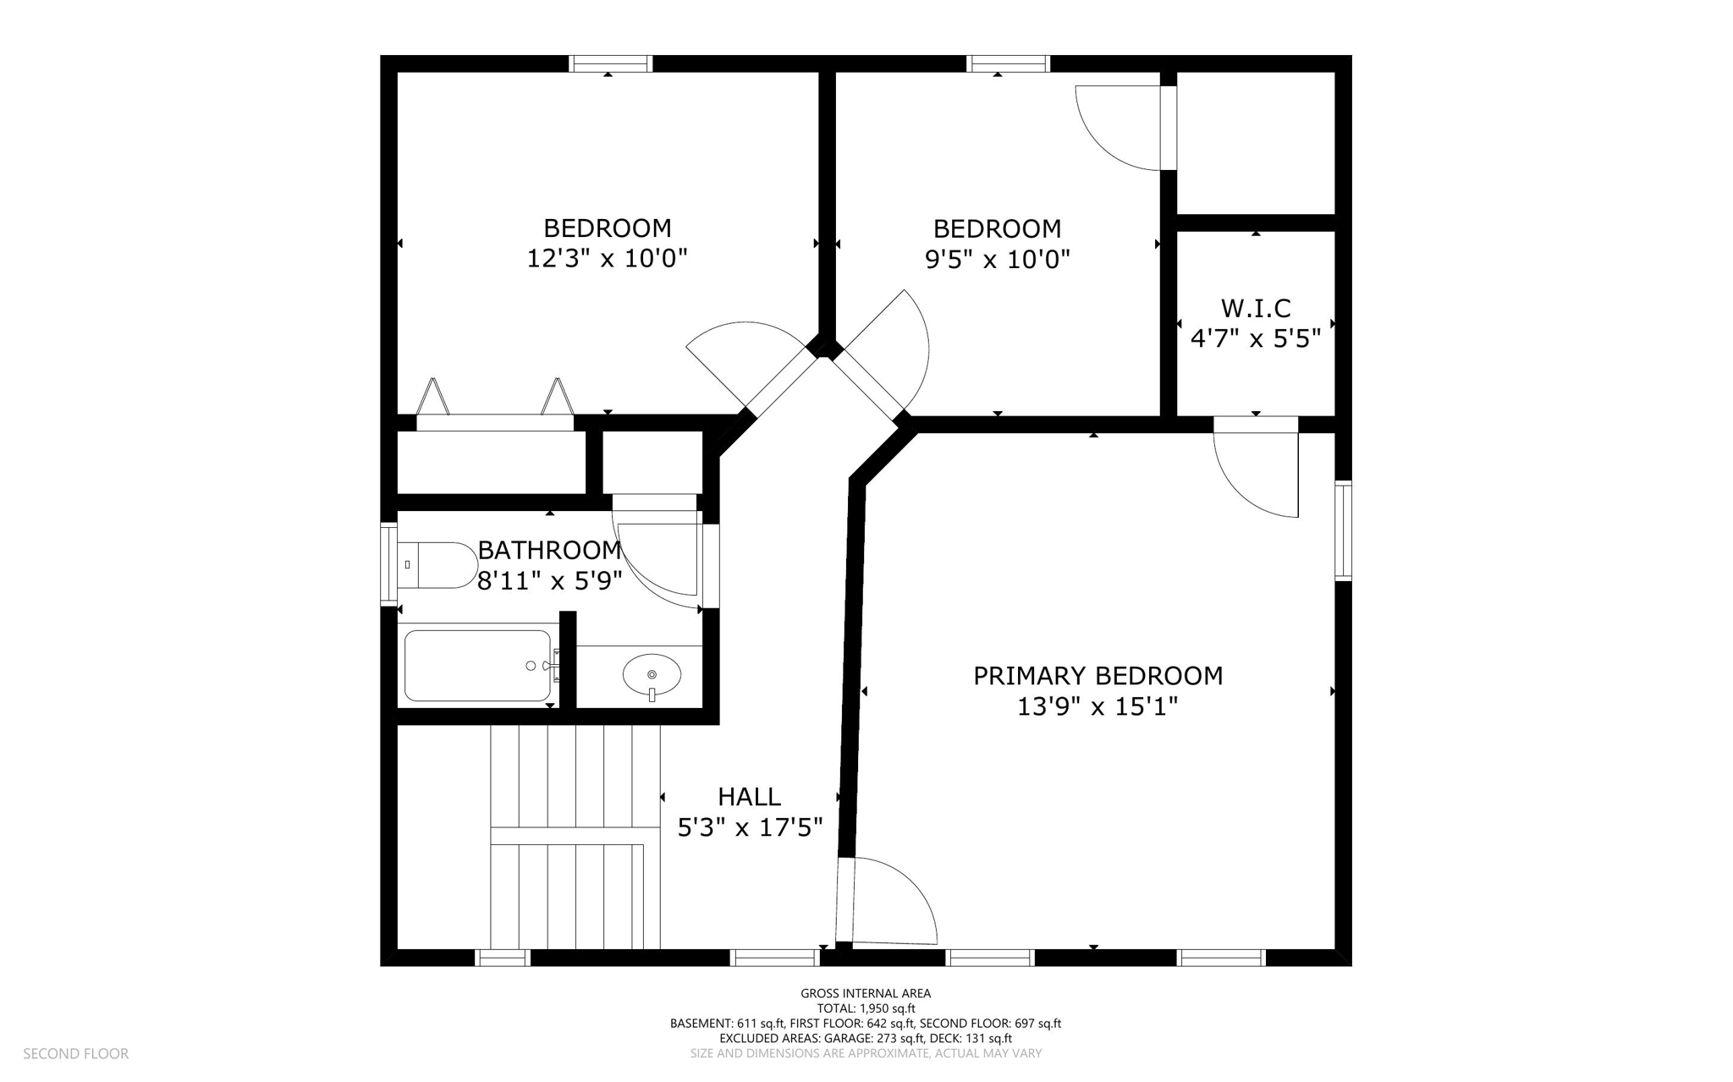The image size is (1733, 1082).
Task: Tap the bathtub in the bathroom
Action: point(478,666)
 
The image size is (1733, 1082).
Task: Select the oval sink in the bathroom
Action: point(652,675)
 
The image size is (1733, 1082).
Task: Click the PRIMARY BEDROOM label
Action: point(1098,676)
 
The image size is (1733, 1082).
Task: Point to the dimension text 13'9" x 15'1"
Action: point(1098,706)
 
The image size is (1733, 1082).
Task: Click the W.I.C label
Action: point(1256,308)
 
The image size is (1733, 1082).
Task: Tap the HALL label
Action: point(749,797)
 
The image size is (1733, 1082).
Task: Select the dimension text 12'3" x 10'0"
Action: point(607,258)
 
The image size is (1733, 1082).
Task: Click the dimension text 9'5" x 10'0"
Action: point(997,259)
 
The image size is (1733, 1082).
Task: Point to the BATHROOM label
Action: point(550,551)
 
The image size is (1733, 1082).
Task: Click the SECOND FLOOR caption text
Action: point(75,1054)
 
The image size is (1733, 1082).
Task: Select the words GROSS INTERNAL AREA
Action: point(866,994)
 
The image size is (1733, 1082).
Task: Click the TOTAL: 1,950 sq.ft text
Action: point(866,1008)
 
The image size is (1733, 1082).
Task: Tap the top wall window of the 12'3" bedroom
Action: point(610,63)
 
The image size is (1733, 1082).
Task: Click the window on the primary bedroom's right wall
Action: point(1343,530)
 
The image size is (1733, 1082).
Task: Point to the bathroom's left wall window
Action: point(388,564)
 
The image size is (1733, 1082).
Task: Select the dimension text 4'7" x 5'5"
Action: point(1256,339)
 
